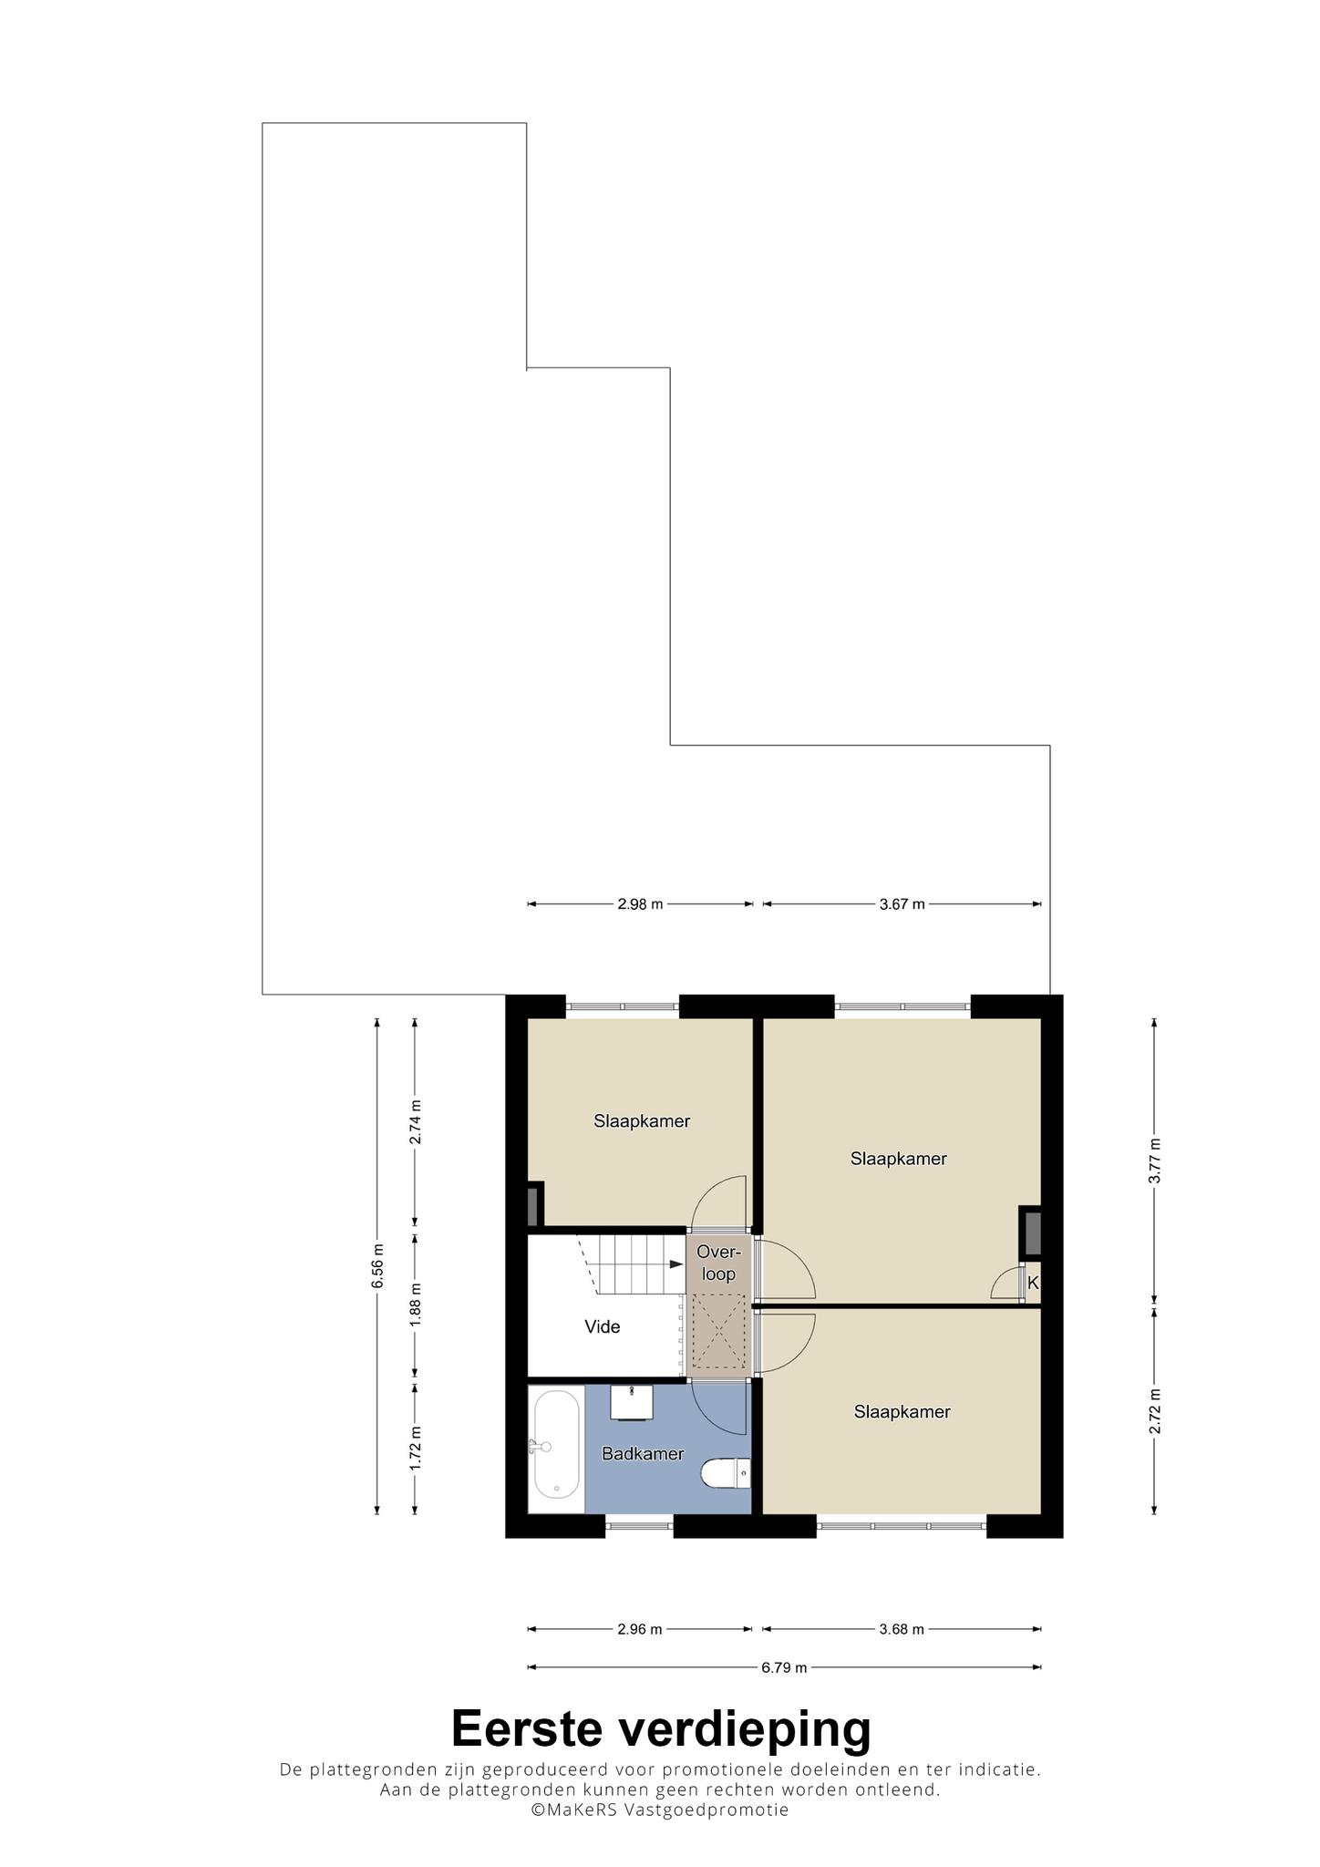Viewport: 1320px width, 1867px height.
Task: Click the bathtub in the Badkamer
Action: (x=556, y=1444)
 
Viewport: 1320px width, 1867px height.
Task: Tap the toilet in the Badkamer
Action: (x=726, y=1472)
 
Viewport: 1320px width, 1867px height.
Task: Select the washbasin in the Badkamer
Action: (x=632, y=1402)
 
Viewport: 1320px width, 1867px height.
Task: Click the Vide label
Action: (x=603, y=1327)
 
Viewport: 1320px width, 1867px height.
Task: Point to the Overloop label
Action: (x=719, y=1264)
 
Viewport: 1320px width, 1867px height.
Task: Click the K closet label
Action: (x=1033, y=1283)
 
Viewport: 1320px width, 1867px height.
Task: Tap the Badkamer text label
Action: (x=643, y=1454)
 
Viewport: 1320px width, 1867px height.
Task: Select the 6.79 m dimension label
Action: (x=785, y=1668)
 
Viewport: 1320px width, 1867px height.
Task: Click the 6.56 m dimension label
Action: (x=377, y=1266)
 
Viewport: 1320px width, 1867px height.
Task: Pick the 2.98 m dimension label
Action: (x=640, y=904)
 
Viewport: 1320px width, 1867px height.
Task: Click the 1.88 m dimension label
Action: (x=416, y=1305)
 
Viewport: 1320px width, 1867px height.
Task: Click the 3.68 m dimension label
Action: (x=902, y=1630)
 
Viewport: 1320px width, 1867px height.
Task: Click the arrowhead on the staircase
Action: (x=676, y=1264)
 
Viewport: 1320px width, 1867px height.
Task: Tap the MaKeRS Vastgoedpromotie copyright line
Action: (x=660, y=1810)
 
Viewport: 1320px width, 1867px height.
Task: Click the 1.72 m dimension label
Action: (x=416, y=1448)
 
